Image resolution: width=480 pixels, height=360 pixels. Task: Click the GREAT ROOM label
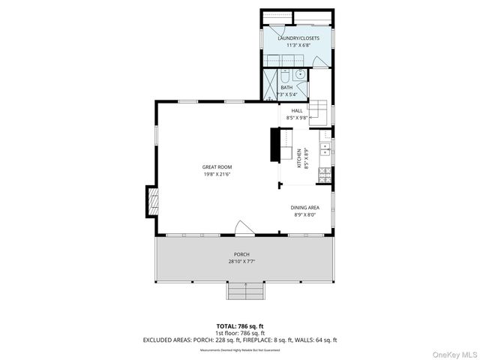217,166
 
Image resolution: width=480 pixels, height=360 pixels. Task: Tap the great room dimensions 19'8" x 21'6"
217,174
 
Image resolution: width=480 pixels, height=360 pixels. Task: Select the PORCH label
241,255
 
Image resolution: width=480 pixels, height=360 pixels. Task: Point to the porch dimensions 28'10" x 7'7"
241,262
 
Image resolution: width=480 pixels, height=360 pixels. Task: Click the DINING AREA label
306,207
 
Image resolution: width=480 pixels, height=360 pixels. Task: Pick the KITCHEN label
298,157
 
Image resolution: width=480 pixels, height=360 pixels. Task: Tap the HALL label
296,111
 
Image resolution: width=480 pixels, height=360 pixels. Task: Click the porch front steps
246,291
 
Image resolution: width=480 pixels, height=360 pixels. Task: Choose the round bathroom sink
300,74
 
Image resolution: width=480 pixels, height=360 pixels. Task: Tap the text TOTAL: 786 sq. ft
240,326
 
